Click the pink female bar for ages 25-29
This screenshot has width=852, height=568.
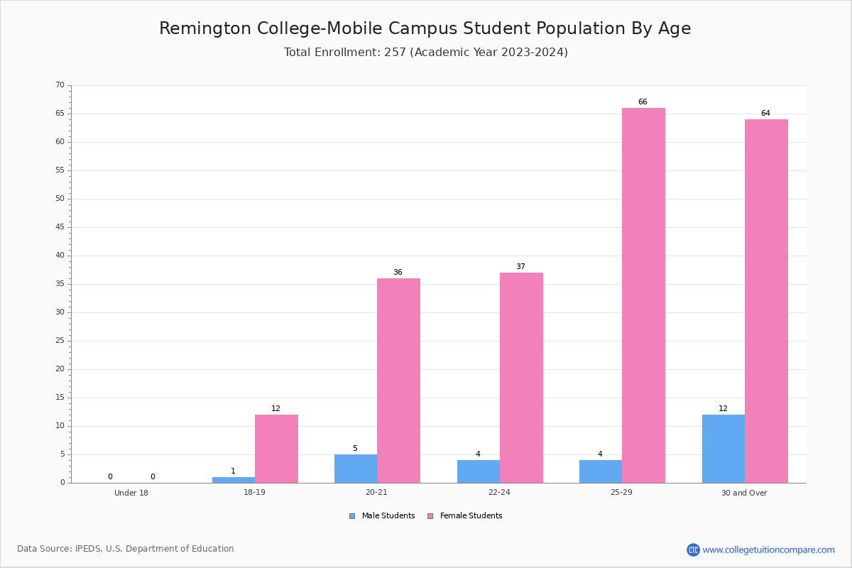(x=643, y=295)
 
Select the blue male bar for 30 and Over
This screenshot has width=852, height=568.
(x=723, y=449)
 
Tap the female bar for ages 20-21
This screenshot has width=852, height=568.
(x=398, y=381)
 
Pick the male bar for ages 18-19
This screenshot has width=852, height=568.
(x=234, y=480)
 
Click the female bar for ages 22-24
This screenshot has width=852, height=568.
(x=521, y=378)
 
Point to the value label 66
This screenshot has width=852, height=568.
(x=643, y=102)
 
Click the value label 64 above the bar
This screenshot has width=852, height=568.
(x=765, y=113)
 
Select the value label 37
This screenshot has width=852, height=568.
(x=520, y=266)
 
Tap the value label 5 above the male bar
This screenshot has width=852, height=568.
(x=355, y=448)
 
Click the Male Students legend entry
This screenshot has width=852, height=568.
(x=382, y=516)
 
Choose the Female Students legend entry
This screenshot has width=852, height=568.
(x=465, y=516)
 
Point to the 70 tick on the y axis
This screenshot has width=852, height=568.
(x=60, y=84)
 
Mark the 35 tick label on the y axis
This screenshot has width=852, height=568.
(x=60, y=284)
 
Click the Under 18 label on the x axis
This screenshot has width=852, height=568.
(x=131, y=493)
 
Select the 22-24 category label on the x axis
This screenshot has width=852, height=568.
(x=499, y=492)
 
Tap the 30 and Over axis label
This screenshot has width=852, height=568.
(x=744, y=493)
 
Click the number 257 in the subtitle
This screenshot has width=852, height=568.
(x=395, y=52)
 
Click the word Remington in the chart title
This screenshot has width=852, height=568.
(x=205, y=28)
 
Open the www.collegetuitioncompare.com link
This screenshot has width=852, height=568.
(x=769, y=550)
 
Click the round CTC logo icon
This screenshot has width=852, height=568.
(x=694, y=550)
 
